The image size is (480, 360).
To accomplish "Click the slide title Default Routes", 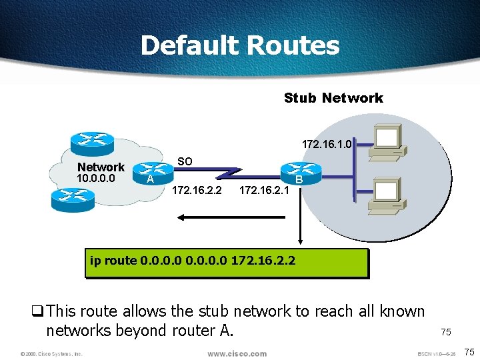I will [x=240, y=46].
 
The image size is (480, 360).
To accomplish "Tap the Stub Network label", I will [x=333, y=98].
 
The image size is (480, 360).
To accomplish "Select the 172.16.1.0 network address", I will [x=326, y=144].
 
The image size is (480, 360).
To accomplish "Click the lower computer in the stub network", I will [x=387, y=193].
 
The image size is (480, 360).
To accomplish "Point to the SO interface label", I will [x=185, y=161].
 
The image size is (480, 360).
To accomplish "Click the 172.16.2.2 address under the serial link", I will [x=197, y=191].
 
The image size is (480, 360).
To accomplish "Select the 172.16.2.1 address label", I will [x=263, y=191].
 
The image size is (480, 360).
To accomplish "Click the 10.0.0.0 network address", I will [x=96, y=179].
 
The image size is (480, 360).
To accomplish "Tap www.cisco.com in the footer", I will [x=237, y=353].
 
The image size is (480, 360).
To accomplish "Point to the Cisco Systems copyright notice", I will [x=51, y=354].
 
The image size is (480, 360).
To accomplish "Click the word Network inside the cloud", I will [x=101, y=167].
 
